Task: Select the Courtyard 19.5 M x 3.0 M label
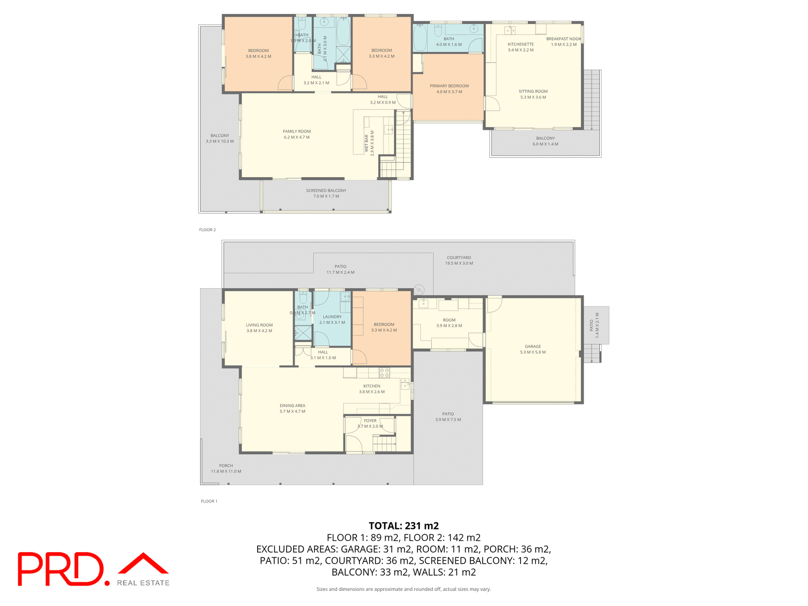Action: tap(459, 260)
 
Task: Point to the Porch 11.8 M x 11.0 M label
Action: tap(226, 468)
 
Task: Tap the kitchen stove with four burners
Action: tap(384, 372)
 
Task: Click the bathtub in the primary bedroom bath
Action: tap(420, 37)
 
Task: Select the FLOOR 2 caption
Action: tap(207, 230)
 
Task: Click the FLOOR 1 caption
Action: tap(209, 501)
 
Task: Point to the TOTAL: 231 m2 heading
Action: tap(404, 526)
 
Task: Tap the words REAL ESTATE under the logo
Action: tap(143, 583)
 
